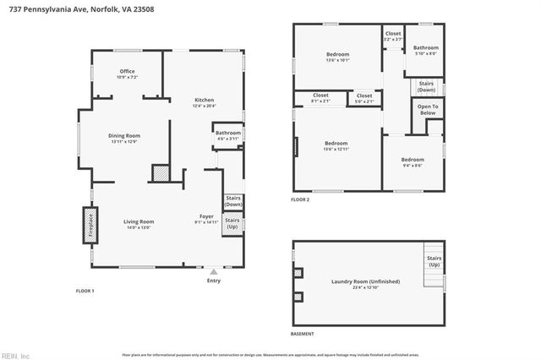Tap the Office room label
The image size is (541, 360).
(x=127, y=74)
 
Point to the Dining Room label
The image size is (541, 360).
(x=124, y=138)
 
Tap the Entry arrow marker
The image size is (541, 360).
(x=214, y=272)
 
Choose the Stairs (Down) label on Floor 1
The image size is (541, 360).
(x=232, y=201)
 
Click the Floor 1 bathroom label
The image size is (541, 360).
(x=227, y=135)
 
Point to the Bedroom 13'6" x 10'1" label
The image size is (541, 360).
(x=336, y=57)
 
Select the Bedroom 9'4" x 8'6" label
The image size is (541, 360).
(x=413, y=162)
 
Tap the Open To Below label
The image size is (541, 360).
(x=428, y=110)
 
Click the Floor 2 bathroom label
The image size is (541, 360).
(x=425, y=50)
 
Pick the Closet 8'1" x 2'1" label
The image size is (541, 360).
(x=320, y=98)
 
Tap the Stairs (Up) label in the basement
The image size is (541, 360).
(x=434, y=261)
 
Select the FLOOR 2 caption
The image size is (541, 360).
(x=300, y=200)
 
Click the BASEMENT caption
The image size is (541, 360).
(x=302, y=334)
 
